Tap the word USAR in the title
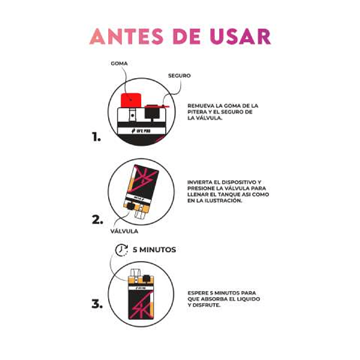[240, 36]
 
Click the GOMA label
[119, 64]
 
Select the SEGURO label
[179, 76]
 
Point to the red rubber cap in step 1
[131, 100]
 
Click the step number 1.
[96, 137]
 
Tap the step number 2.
[97, 220]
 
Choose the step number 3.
[97, 304]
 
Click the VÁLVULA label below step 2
[124, 231]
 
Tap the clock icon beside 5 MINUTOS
[121, 250]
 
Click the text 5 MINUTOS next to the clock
[155, 249]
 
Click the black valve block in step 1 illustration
[152, 113]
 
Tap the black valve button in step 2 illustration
[131, 206]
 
